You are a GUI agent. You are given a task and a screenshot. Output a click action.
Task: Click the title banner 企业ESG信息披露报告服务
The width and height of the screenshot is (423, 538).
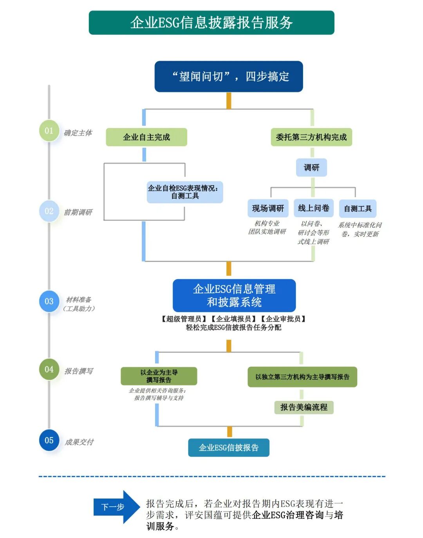[x=211, y=23]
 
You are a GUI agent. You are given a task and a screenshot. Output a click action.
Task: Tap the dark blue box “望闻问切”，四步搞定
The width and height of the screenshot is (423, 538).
[x=229, y=76]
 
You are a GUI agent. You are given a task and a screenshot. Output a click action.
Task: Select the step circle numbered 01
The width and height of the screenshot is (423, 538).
[x=49, y=131]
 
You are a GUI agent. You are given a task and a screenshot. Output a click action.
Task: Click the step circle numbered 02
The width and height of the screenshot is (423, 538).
[x=49, y=211]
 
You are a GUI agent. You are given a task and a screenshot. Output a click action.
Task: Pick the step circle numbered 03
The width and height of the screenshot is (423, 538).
[x=49, y=301]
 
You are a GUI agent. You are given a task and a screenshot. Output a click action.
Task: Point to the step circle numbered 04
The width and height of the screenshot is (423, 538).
[x=49, y=369]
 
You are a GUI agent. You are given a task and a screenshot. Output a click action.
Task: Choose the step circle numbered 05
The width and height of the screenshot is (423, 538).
[x=49, y=440]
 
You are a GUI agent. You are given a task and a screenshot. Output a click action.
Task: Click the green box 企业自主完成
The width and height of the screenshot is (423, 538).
[x=146, y=137]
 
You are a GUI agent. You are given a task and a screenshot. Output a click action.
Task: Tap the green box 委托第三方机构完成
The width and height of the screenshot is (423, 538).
[x=311, y=137]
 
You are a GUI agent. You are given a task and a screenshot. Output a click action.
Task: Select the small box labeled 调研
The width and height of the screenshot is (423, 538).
[x=311, y=168]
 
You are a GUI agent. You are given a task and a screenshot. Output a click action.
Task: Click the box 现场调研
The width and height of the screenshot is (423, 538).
[x=268, y=208]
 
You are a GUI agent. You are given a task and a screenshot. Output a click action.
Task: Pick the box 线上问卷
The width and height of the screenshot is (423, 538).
[x=313, y=208]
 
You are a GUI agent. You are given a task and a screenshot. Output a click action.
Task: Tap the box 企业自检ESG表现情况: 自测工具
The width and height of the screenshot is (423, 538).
[x=185, y=192]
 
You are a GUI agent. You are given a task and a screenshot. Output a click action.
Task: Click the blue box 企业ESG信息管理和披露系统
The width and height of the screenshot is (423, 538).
[x=234, y=296]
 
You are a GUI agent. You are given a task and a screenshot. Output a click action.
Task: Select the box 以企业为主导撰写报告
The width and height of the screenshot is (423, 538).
[x=159, y=376]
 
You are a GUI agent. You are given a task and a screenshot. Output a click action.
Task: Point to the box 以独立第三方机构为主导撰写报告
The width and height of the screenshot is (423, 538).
[x=302, y=377]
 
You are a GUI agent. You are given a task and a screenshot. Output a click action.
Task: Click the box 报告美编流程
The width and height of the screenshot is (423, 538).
[x=304, y=407]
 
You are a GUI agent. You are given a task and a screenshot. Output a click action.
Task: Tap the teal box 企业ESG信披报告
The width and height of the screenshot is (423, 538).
[x=229, y=448]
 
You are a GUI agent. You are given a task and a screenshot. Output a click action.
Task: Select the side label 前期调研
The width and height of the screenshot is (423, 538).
[x=78, y=212]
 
